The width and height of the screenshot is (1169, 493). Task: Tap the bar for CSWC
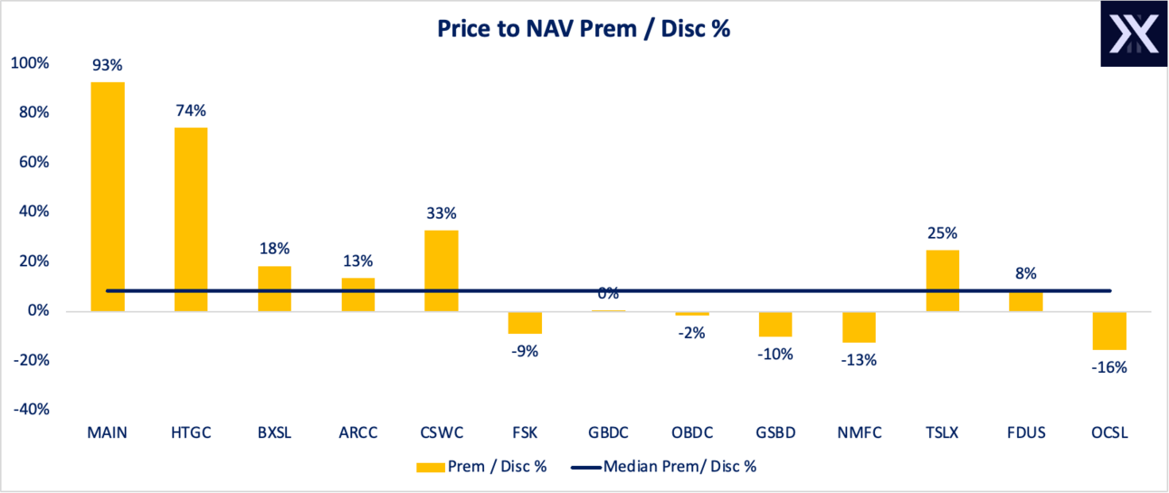(442, 270)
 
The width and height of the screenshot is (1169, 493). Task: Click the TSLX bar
(942, 280)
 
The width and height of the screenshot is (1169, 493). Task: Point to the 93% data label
(108, 66)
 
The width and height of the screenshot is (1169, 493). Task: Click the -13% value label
(859, 360)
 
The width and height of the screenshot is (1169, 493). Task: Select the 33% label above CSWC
(442, 213)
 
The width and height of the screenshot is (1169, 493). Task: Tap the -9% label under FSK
(525, 351)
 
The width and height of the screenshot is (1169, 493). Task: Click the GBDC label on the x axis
(608, 432)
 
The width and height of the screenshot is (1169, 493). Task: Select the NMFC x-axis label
(859, 432)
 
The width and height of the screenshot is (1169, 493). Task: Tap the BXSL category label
(274, 432)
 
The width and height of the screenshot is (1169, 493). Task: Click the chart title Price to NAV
(584, 28)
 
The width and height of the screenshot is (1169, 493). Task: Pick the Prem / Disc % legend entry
(484, 467)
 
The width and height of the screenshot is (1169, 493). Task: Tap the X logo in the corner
(1133, 33)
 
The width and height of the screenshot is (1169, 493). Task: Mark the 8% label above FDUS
(1025, 273)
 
